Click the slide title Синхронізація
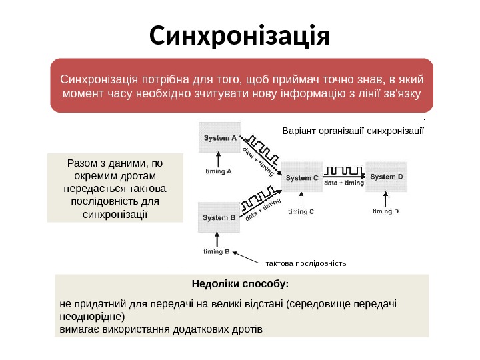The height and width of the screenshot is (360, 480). click(240, 37)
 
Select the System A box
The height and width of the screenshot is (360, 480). click(220, 139)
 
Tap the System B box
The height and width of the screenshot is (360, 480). click(219, 217)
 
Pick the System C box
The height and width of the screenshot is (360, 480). click(303, 177)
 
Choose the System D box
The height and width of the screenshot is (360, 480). click(387, 177)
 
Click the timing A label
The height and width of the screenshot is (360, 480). click(218, 171)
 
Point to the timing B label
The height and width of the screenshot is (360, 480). click(217, 251)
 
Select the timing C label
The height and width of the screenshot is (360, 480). click(301, 212)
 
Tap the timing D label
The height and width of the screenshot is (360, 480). click(385, 211)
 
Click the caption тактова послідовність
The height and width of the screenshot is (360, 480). click(306, 263)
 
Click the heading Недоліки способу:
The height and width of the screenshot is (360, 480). click(240, 285)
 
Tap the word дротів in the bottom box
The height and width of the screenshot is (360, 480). click(246, 329)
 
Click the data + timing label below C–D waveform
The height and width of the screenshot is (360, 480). click(344, 182)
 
